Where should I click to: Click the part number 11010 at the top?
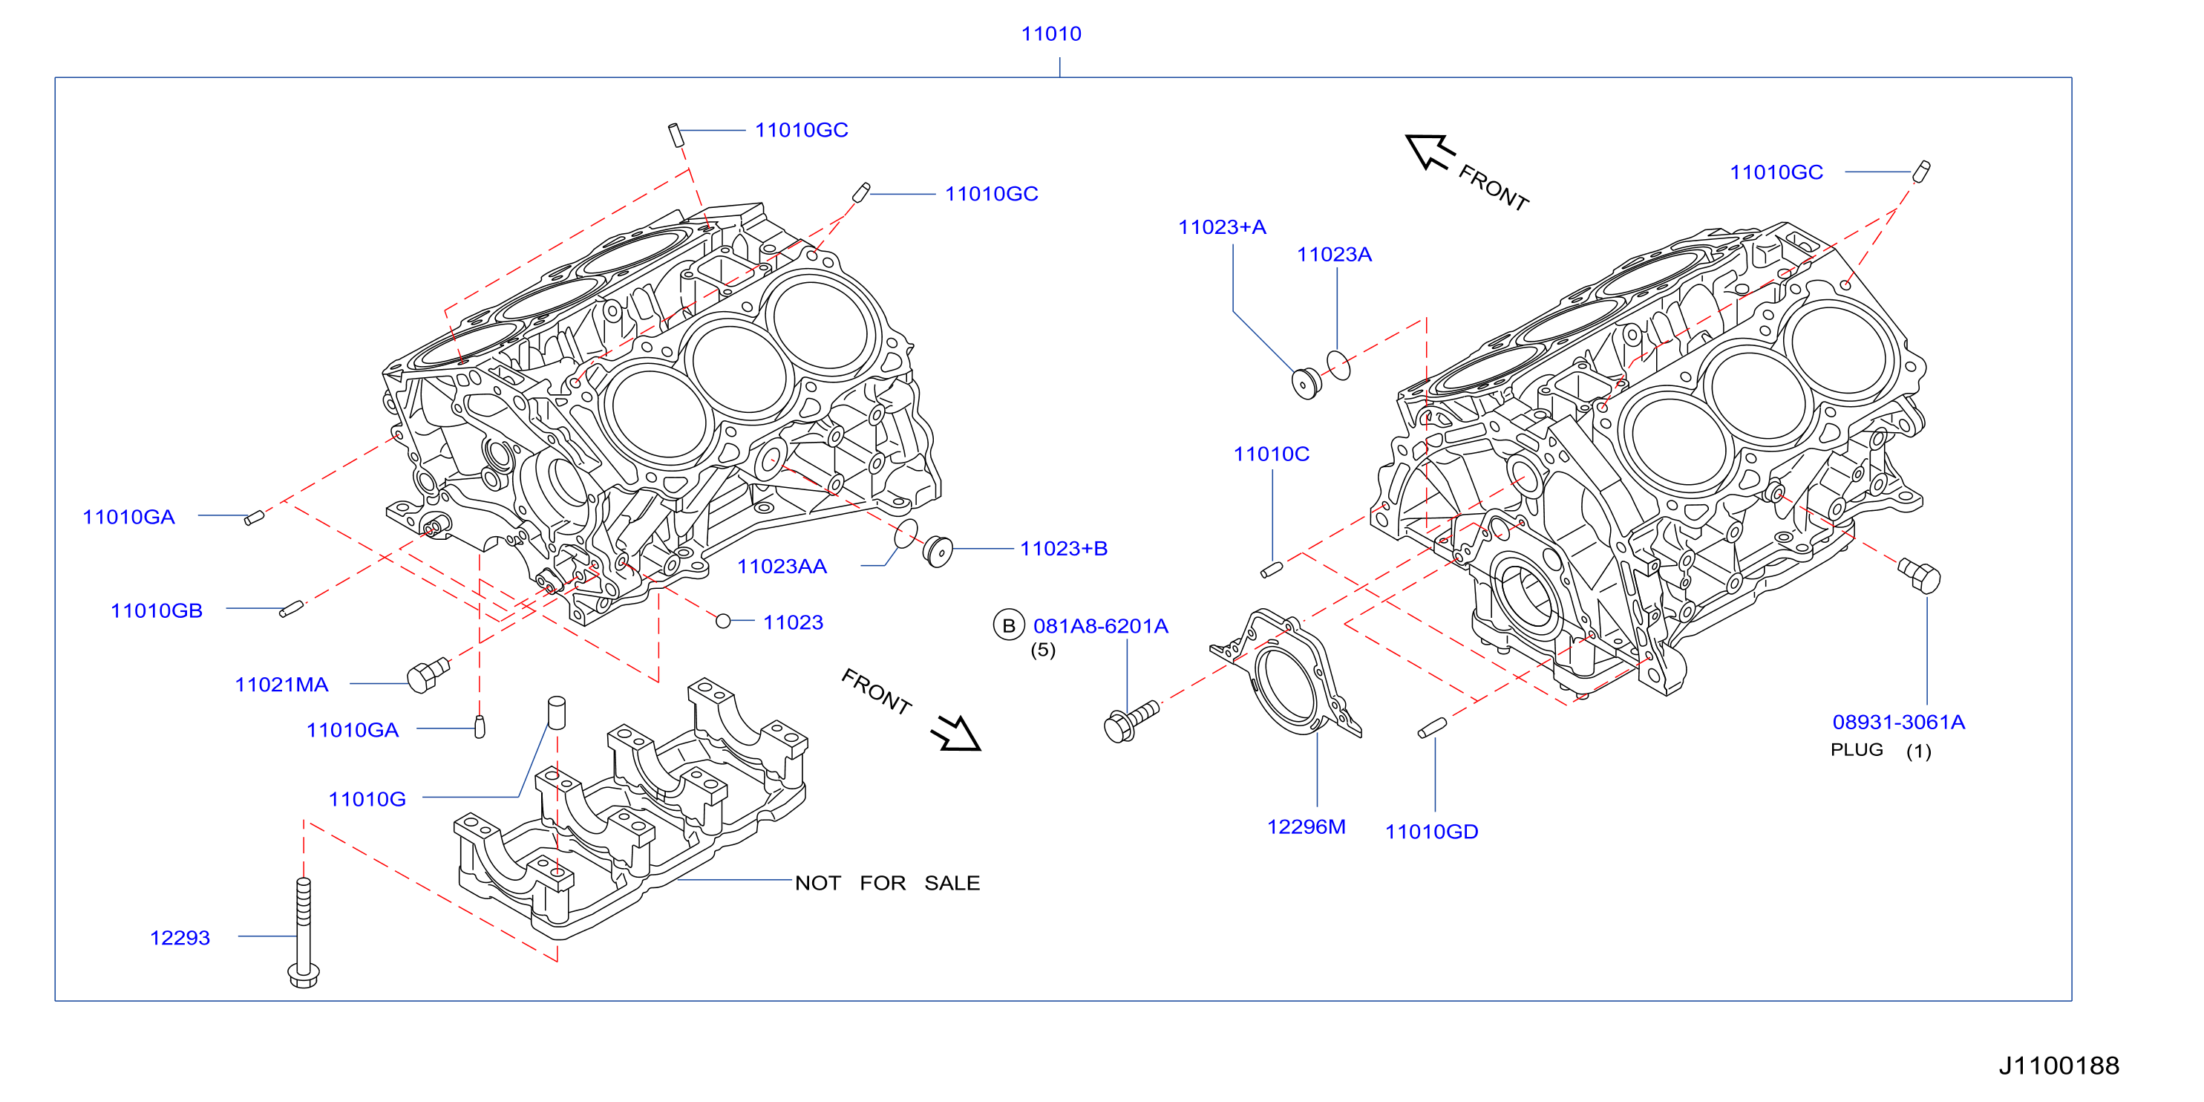[x=1050, y=33]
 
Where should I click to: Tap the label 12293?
[x=180, y=938]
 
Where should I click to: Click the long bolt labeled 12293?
[x=304, y=933]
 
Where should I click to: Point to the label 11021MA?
[x=281, y=685]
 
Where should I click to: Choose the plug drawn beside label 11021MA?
[x=428, y=674]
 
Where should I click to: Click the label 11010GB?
[x=157, y=611]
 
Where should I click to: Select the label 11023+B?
[x=1064, y=549]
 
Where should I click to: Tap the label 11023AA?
[x=782, y=567]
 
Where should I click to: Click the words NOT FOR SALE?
[x=887, y=883]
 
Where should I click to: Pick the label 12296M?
[x=1306, y=826]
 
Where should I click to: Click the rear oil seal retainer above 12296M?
[x=1286, y=674]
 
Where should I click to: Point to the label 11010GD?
[x=1431, y=832]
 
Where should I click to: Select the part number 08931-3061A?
[x=1899, y=722]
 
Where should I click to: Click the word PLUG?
[x=1857, y=749]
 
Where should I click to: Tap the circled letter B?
[x=1009, y=625]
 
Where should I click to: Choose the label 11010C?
[x=1271, y=454]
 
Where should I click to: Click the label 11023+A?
[x=1222, y=226]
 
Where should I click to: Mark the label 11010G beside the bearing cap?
[x=367, y=799]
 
